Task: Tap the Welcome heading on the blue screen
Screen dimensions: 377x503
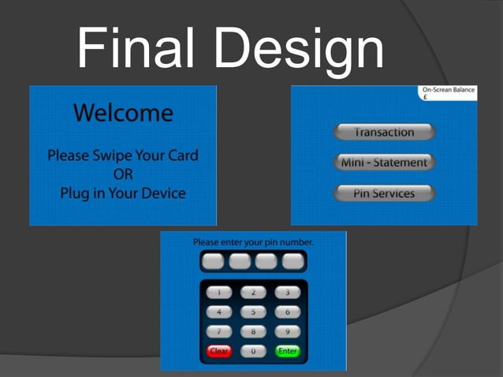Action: tap(123, 113)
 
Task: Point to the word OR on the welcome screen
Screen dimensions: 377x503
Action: tap(123, 174)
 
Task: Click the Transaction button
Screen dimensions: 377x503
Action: tap(384, 132)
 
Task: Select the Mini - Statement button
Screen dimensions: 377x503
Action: tap(384, 162)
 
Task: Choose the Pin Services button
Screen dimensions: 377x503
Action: tap(384, 193)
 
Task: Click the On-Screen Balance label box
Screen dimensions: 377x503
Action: tap(448, 93)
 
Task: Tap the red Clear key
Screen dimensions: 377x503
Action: tap(219, 351)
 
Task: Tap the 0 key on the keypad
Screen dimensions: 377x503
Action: tap(253, 351)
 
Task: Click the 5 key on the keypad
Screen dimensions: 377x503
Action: tap(253, 312)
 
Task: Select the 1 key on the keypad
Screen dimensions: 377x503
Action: tap(219, 293)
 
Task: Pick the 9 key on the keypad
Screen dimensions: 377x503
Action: tap(288, 332)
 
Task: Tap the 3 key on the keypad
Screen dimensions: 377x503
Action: tap(288, 293)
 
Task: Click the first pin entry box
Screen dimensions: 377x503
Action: tap(213, 261)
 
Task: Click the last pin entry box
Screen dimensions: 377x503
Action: tap(293, 261)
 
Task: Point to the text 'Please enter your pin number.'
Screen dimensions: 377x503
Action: tap(253, 242)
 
